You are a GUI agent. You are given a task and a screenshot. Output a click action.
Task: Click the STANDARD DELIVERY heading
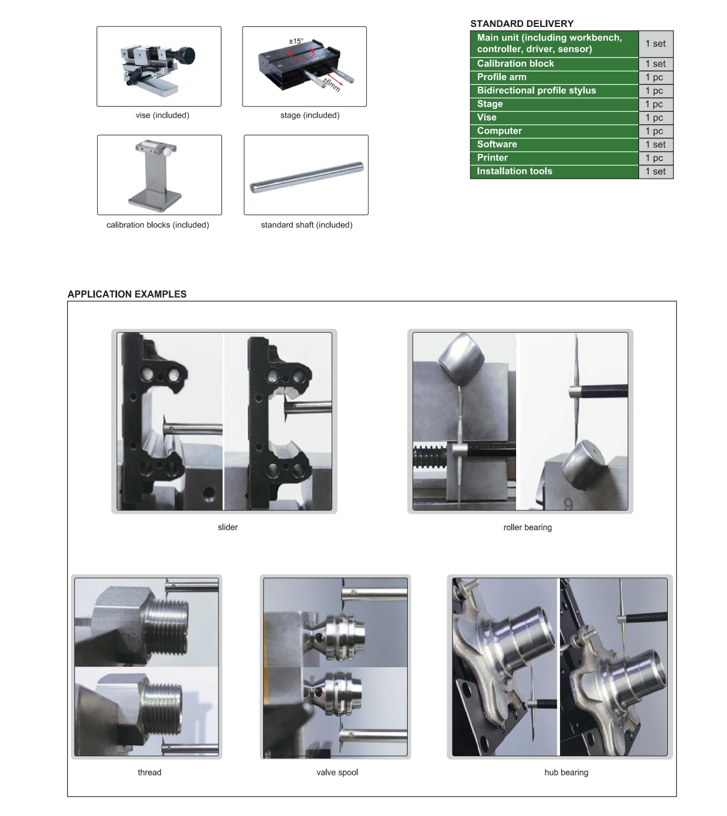(521, 24)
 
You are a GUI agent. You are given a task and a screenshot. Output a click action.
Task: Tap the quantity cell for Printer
(656, 158)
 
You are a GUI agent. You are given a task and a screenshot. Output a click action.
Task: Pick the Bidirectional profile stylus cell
(554, 91)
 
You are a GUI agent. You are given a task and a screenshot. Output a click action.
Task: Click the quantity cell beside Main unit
(656, 43)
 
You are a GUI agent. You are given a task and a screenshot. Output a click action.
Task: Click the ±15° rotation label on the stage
(296, 41)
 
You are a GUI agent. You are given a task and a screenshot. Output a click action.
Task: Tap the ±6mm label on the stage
(332, 84)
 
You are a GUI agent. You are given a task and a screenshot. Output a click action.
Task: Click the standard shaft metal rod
(307, 177)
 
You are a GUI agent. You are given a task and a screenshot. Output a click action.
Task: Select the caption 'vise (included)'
(162, 115)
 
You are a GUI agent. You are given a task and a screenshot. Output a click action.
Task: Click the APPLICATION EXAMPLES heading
(127, 294)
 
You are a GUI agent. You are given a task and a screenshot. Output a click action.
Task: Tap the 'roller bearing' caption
(527, 527)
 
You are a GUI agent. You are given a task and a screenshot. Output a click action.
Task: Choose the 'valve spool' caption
(337, 772)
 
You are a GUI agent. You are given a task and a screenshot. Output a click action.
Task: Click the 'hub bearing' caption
(566, 772)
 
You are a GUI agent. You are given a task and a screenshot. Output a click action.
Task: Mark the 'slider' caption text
(227, 527)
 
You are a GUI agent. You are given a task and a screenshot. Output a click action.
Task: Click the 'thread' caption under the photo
(149, 772)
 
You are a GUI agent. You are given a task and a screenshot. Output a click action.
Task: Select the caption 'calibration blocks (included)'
(158, 225)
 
